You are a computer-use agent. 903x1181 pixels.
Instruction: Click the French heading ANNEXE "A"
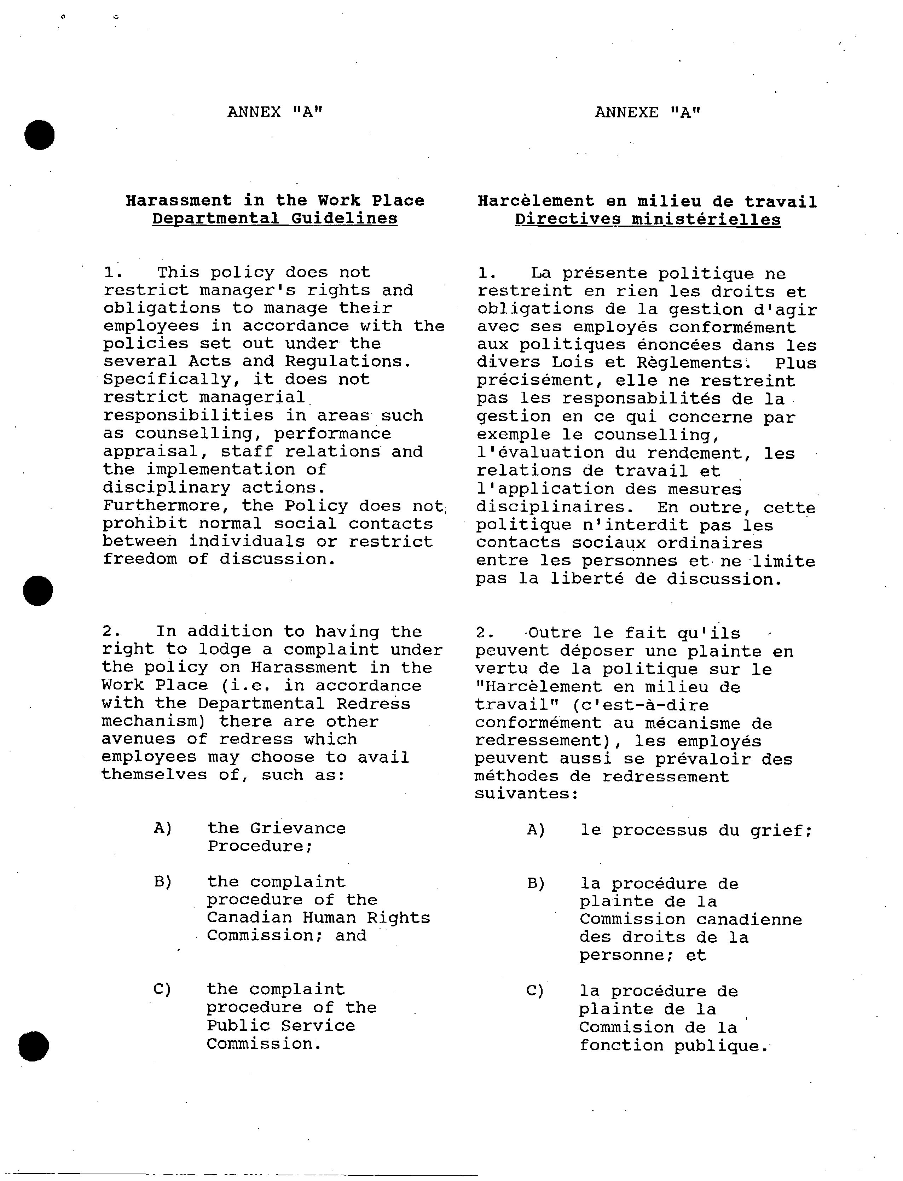tap(648, 112)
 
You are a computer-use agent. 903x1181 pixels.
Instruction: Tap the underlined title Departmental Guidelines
tap(275, 219)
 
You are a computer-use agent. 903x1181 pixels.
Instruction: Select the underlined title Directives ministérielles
tap(648, 220)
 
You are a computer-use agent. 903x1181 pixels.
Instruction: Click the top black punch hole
tap(39, 135)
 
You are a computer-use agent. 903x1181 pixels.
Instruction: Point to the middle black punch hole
tap(38, 590)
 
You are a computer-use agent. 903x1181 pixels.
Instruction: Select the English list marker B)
tap(162, 882)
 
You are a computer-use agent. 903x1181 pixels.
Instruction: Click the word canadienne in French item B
tap(749, 920)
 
